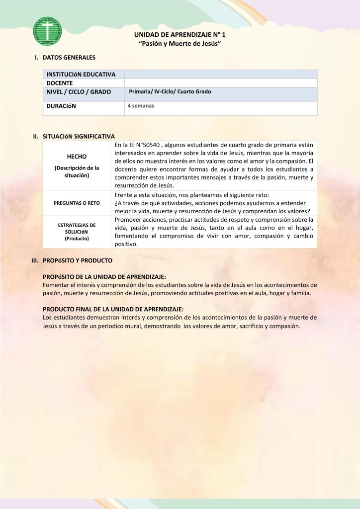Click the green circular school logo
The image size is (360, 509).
pos(47,31)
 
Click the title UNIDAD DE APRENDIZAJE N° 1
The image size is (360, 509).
pos(180,35)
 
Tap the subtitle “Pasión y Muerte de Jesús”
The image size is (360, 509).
pos(180,44)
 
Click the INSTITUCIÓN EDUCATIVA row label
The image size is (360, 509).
pos(81,74)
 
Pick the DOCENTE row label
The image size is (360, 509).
pos(60,83)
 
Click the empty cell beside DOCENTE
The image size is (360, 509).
pos(220,83)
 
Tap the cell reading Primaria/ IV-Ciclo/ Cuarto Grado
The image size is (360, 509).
pos(170,91)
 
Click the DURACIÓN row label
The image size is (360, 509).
pos(61,106)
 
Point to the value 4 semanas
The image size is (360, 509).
pos(141,106)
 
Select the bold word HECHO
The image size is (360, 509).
pos(77,156)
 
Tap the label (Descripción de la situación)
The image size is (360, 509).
pos(77,171)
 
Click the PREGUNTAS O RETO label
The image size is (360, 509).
pos(77,203)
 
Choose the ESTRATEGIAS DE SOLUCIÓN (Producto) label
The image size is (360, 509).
pos(77,232)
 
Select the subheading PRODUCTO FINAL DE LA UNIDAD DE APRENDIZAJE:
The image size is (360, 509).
pos(113,309)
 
